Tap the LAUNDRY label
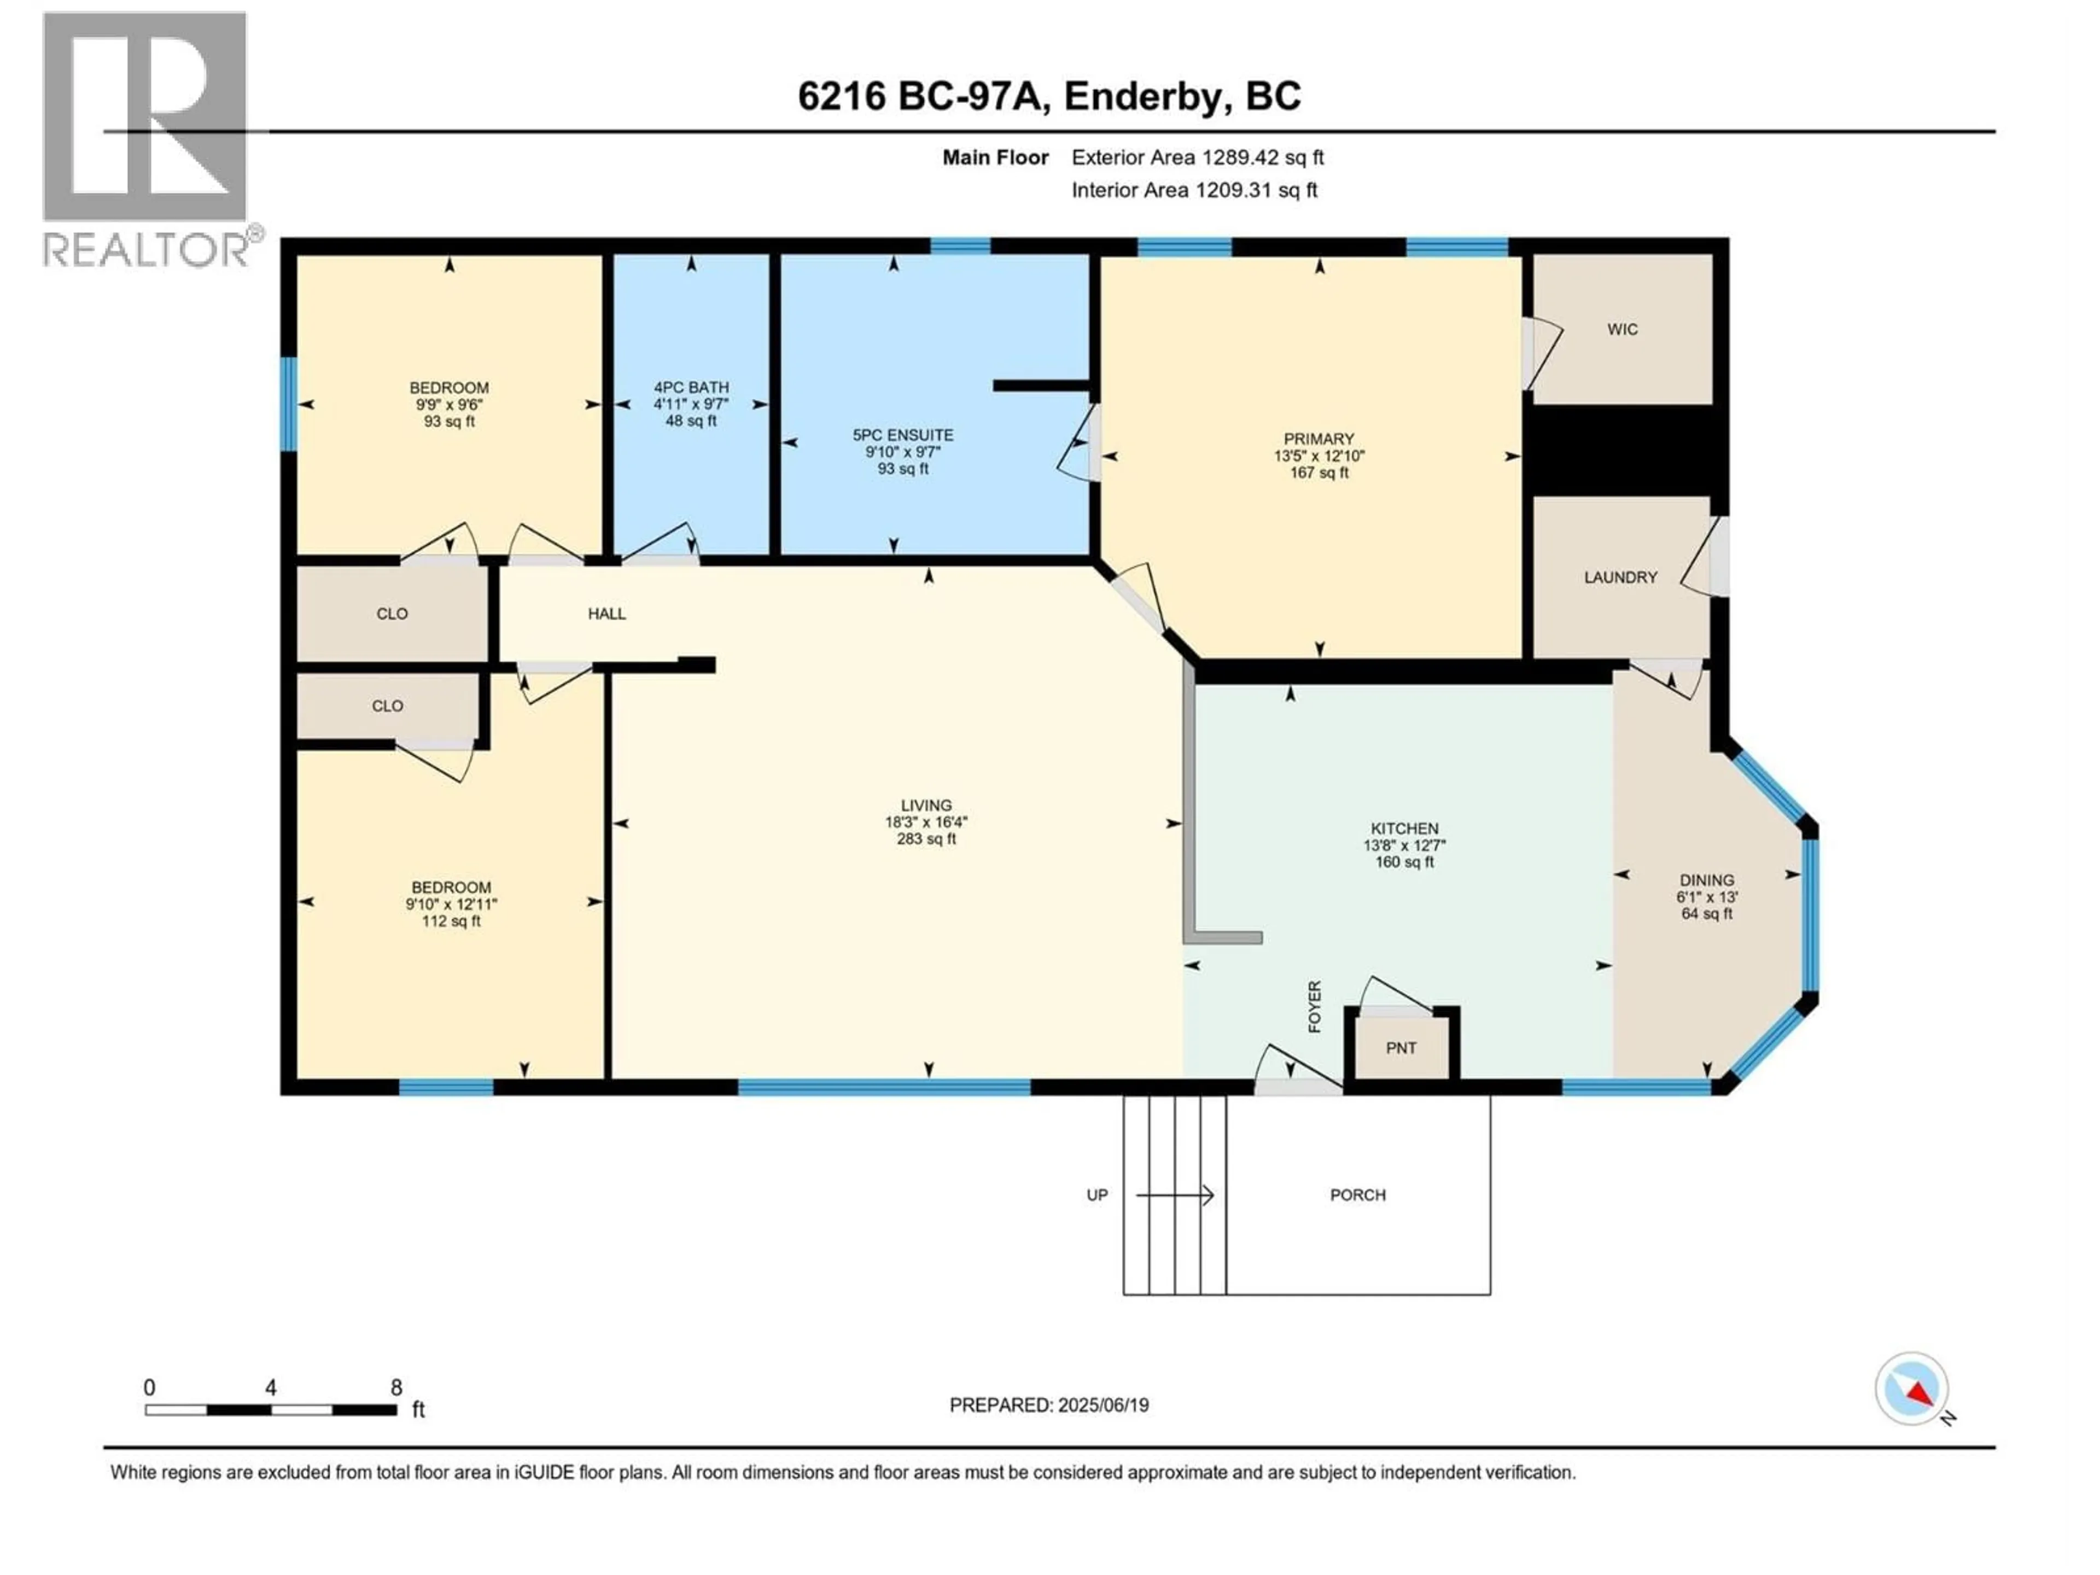click(1620, 577)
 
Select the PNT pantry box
click(1401, 1048)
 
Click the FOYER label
click(1315, 1006)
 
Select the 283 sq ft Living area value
click(926, 839)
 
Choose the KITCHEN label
click(1404, 829)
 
